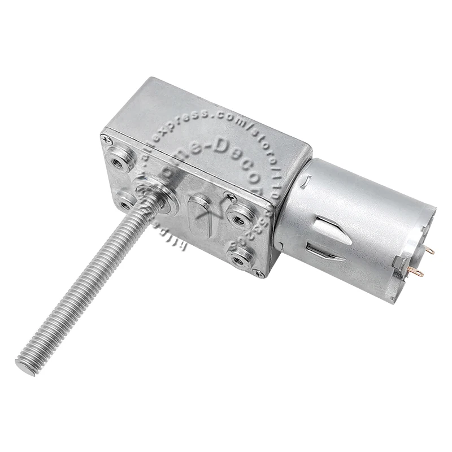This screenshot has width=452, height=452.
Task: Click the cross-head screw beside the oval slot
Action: [231, 197]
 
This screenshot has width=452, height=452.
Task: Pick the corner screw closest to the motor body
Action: [259, 273]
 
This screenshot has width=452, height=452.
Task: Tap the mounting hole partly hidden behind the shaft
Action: [125, 200]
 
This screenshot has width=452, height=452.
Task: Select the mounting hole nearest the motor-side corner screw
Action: [240, 258]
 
